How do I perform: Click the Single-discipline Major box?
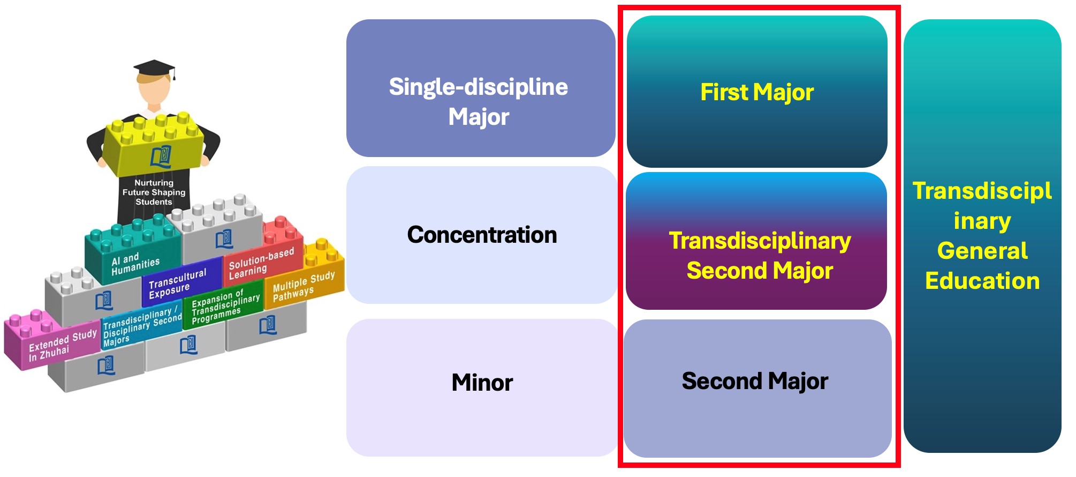[x=481, y=88]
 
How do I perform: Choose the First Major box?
[x=757, y=92]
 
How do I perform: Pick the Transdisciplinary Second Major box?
[x=756, y=241]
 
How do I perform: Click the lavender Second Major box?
[x=757, y=388]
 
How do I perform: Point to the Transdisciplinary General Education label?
[x=982, y=236]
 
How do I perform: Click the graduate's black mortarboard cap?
[x=154, y=70]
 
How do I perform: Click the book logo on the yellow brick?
[x=161, y=156]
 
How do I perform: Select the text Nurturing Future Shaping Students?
[x=154, y=192]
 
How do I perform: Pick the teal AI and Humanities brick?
[x=133, y=249]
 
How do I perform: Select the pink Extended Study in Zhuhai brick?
[x=52, y=341]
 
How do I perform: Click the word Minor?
[x=482, y=383]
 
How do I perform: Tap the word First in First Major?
[x=724, y=92]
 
